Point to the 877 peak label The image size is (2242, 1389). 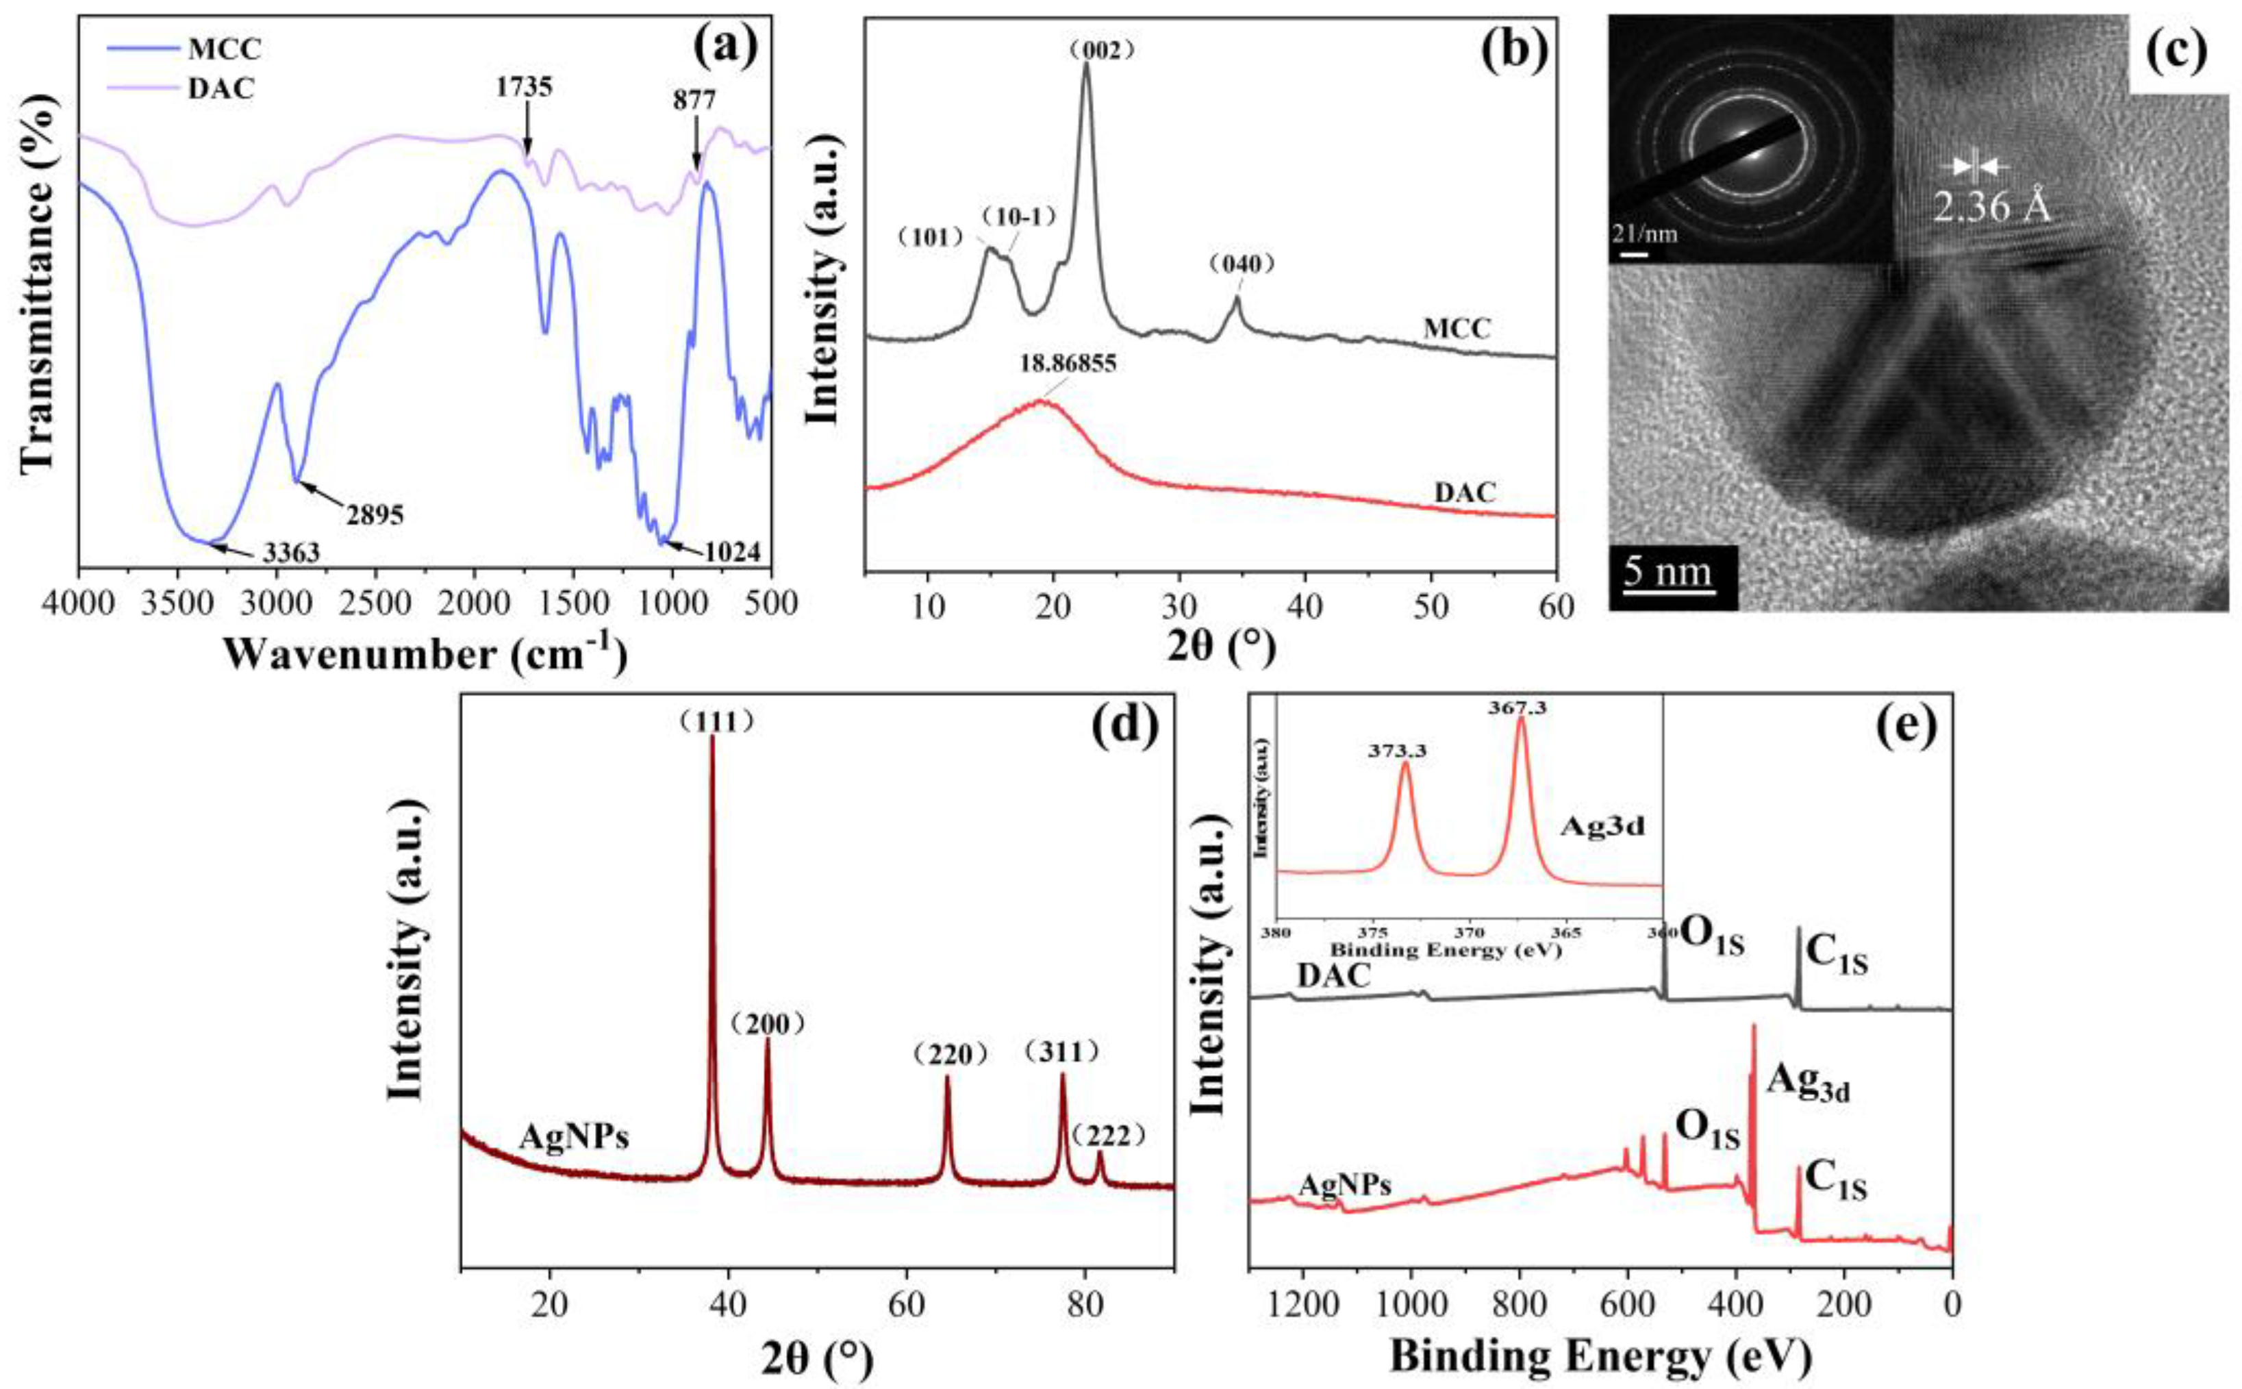point(694,100)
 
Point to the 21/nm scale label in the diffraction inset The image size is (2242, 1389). point(1644,234)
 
